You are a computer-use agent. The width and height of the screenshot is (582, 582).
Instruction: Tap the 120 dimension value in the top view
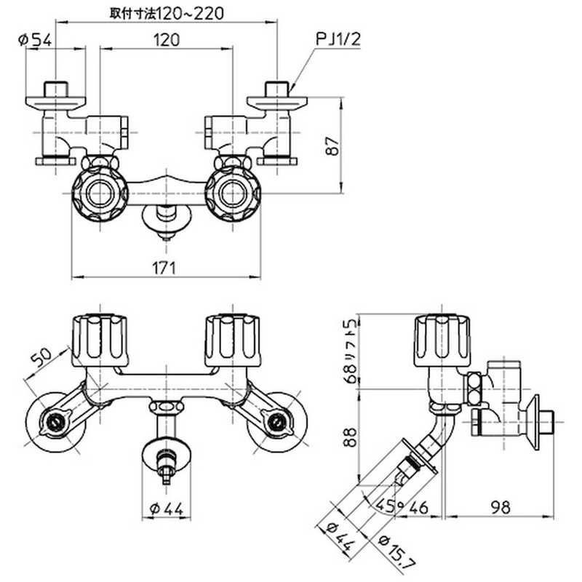pos(167,41)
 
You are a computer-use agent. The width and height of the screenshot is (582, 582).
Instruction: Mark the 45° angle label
pos(386,505)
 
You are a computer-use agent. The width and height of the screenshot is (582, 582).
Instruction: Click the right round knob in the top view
pos(232,193)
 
